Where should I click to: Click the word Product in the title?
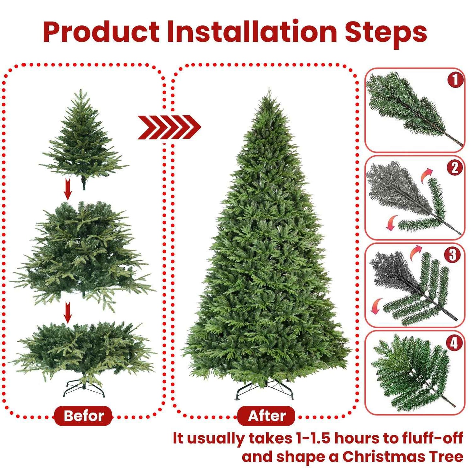pyautogui.click(x=101, y=32)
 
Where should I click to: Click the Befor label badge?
pyautogui.click(x=83, y=416)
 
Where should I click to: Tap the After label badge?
pyautogui.click(x=266, y=416)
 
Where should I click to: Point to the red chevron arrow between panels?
pyautogui.click(x=169, y=127)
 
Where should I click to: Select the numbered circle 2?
pyautogui.click(x=455, y=168)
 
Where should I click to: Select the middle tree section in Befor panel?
pyautogui.click(x=83, y=252)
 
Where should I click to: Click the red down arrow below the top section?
pyautogui.click(x=68, y=189)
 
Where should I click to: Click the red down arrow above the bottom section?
pyautogui.click(x=68, y=312)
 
